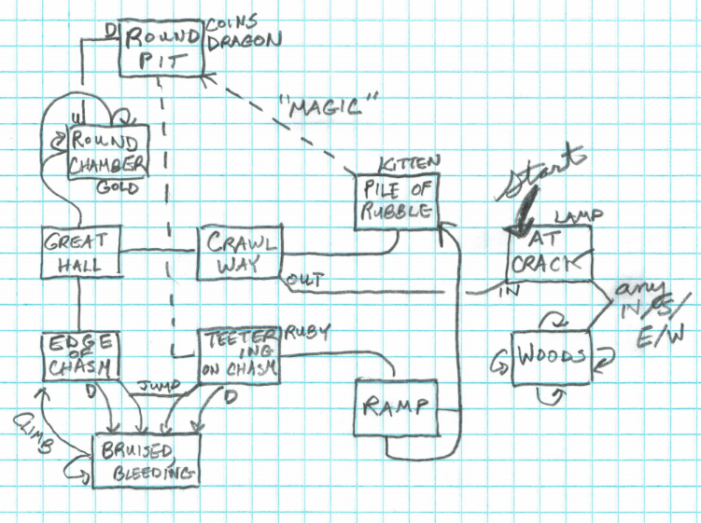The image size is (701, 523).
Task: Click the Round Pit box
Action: click(x=161, y=49)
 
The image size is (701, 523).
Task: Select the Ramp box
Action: click(x=396, y=406)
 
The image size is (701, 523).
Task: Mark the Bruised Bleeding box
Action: click(x=146, y=460)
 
